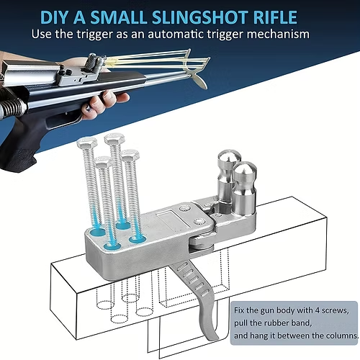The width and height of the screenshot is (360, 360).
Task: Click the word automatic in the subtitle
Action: coord(186,34)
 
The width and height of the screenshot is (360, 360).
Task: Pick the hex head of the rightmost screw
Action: coord(130,155)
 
